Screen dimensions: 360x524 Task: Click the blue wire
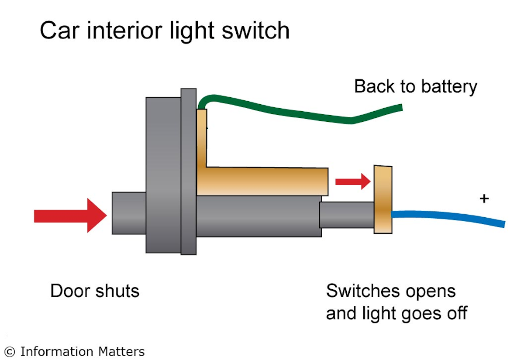(450, 216)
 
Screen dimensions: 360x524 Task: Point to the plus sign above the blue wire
(484, 199)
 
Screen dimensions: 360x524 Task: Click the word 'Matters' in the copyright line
(123, 352)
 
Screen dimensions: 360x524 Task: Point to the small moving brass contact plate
(383, 199)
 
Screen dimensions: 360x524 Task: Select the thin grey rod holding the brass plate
(347, 215)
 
